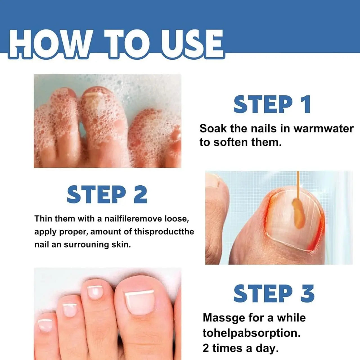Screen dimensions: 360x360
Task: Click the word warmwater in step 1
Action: [323, 129]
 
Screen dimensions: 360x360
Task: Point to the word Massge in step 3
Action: [224, 318]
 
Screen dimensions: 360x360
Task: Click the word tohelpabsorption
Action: [251, 333]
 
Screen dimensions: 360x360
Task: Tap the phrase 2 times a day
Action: [240, 348]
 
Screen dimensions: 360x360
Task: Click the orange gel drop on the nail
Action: [298, 214]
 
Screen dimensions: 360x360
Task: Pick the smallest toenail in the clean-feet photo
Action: [45, 325]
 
